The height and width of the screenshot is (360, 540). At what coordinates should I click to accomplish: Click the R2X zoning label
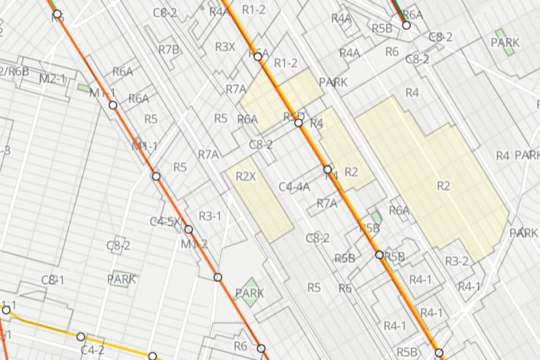(x=246, y=177)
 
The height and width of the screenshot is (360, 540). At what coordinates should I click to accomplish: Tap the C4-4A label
(x=294, y=187)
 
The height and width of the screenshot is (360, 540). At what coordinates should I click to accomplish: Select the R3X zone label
(x=224, y=47)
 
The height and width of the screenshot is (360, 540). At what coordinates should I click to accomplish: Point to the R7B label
(x=169, y=50)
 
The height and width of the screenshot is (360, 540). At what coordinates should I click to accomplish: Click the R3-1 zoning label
(x=210, y=216)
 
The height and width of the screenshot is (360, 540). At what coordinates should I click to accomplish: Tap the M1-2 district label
(x=194, y=244)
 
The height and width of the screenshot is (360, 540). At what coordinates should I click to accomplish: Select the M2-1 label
(x=52, y=79)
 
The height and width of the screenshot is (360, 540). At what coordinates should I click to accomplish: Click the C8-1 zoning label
(x=53, y=280)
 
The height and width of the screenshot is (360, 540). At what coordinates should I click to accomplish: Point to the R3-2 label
(x=457, y=261)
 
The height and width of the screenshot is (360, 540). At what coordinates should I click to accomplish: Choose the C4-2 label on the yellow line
(x=92, y=349)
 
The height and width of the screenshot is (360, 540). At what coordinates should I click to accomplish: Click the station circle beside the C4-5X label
(x=189, y=229)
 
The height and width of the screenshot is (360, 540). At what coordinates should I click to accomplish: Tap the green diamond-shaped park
(x=250, y=289)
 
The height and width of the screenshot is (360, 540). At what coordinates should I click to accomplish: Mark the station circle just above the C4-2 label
(x=81, y=337)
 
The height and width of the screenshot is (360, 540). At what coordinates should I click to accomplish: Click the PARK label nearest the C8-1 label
(x=121, y=279)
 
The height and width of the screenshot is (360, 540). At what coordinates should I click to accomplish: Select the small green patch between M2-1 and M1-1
(x=83, y=88)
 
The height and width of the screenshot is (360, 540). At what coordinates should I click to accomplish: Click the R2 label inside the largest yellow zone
(x=443, y=185)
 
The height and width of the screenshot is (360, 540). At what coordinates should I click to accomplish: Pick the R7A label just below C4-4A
(x=327, y=203)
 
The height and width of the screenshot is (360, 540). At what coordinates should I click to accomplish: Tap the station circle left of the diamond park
(x=218, y=277)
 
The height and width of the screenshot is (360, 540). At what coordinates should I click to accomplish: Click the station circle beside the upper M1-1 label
(x=113, y=105)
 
